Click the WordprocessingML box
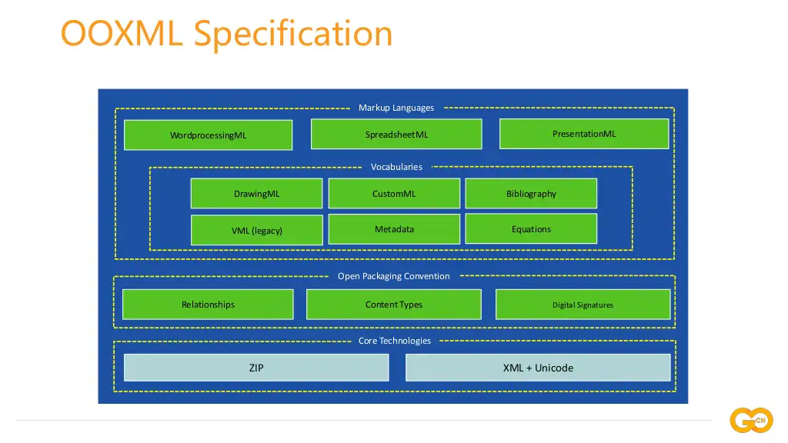[x=208, y=135]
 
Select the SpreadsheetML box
[x=396, y=134]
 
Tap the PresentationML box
[x=584, y=134]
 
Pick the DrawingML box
[x=256, y=193]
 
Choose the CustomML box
[x=394, y=193]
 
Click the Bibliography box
[x=531, y=193]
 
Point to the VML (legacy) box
[x=257, y=230]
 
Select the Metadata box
[x=394, y=229]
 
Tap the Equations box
[x=531, y=229]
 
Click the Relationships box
[x=208, y=305]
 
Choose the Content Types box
[x=394, y=305]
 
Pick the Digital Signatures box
[x=583, y=305]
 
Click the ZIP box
[x=256, y=368]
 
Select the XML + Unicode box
[x=538, y=368]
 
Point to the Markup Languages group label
[x=396, y=108]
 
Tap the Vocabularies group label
[x=396, y=167]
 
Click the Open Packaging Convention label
[x=393, y=276]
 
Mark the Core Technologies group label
[x=395, y=341]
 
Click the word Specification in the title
[x=293, y=34]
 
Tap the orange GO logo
[x=751, y=420]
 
